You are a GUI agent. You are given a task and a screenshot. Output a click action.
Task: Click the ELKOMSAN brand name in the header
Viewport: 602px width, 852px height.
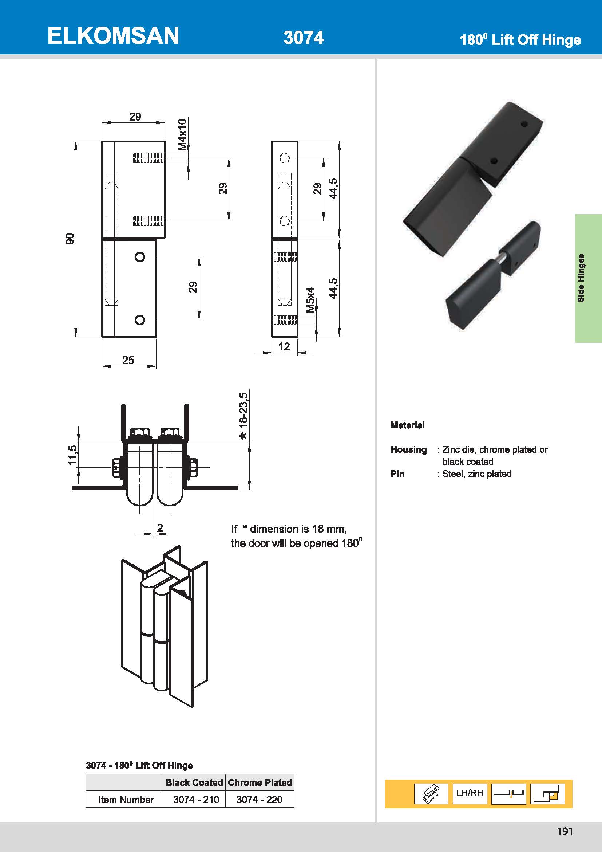(113, 36)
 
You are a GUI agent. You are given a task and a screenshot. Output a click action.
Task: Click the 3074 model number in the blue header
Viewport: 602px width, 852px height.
(304, 38)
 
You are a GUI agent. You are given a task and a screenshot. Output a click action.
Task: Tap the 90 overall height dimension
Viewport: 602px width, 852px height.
(70, 239)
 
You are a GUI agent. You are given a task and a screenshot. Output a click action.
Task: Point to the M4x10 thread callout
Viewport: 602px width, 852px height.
(182, 135)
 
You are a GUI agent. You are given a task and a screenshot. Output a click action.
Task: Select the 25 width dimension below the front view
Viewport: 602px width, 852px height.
(128, 360)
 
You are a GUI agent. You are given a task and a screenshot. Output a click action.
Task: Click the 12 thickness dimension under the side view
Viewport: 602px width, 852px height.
(284, 346)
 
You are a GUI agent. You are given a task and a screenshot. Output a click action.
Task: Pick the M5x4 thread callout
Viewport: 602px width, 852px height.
(310, 300)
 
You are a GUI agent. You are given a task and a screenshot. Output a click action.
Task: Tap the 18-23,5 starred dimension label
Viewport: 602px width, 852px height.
(243, 416)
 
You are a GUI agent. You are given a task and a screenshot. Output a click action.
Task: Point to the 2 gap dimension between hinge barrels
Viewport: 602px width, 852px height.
(160, 527)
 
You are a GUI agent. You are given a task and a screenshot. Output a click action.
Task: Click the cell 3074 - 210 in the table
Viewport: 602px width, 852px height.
(196, 799)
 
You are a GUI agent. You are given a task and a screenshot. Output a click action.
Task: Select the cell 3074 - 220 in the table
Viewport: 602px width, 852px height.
(260, 799)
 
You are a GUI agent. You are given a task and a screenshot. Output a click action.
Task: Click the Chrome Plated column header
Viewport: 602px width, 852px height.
(260, 782)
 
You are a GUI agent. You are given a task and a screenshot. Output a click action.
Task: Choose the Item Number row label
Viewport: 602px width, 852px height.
(126, 799)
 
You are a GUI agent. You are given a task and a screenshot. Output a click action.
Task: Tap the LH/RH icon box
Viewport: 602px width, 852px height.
(470, 793)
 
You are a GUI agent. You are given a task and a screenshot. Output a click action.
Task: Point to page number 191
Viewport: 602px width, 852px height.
(565, 831)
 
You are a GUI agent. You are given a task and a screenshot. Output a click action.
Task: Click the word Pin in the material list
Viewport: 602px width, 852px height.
(397, 474)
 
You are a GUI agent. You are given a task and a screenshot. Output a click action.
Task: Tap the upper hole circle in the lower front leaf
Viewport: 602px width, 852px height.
(140, 257)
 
